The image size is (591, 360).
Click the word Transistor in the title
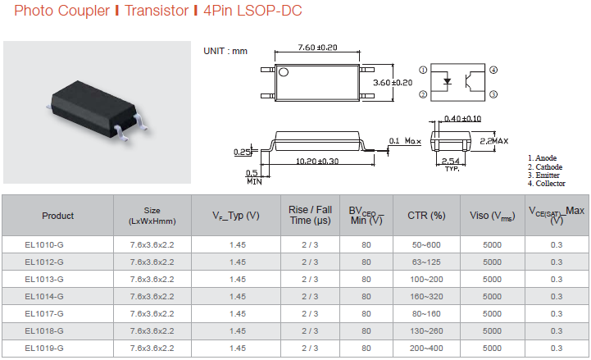pos(157,11)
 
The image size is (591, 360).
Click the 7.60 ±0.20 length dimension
pos(317,48)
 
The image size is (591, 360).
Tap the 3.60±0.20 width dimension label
pos(393,83)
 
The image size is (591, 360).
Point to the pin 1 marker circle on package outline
pos(284,71)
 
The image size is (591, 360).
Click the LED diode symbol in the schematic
pos(448,81)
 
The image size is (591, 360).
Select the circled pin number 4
pos(493,70)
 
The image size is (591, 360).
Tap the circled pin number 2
pos(423,94)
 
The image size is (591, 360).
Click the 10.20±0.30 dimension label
pos(317,161)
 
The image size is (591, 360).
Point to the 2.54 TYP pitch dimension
pos(451,164)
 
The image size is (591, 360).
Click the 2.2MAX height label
pos(493,141)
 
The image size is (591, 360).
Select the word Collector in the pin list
pos(550,184)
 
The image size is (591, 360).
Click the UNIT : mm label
pos(225,52)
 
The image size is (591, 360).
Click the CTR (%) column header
pos(426,215)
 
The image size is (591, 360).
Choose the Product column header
pos(57,216)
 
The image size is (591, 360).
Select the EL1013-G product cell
pos(44,280)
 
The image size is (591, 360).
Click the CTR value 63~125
pos(426,262)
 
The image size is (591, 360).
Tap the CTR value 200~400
pos(426,349)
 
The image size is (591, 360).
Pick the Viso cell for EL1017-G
pos(493,313)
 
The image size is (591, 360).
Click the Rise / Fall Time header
pos(310,215)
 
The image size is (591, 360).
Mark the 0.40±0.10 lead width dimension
pos(462,119)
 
